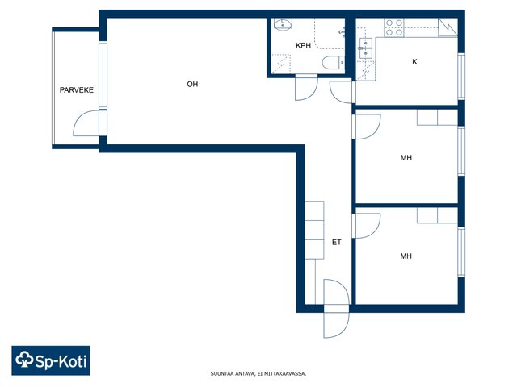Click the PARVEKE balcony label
[77, 89]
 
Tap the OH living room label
[192, 84]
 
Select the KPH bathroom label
[304, 46]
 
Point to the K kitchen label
[414, 61]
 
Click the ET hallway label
[336, 242]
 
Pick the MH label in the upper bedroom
[406, 158]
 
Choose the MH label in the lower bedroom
[406, 256]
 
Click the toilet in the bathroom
[333, 63]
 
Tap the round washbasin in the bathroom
[283, 24]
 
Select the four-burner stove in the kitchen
[394, 27]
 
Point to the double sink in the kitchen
[366, 48]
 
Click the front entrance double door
[336, 308]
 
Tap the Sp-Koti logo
[51, 360]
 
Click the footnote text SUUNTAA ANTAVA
[233, 373]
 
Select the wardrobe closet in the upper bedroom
[437, 118]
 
